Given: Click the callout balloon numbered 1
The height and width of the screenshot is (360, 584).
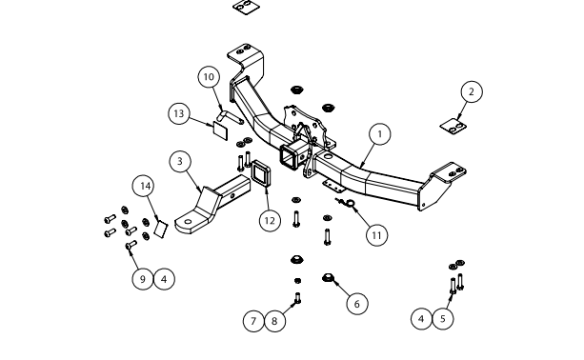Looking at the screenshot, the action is coord(379,134).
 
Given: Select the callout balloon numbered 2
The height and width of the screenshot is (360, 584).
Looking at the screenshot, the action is coord(472,91).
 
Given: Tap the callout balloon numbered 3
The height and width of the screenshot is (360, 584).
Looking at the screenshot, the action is coord(180,162).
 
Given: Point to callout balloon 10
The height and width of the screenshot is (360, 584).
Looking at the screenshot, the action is coord(209,77).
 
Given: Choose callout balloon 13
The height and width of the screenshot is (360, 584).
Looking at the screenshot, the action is coord(179,113).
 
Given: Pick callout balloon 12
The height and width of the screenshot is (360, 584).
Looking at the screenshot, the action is coord(270,221).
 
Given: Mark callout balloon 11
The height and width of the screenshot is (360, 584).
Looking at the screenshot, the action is coord(376,235).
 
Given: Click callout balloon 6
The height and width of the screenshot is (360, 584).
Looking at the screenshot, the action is coord(357,304).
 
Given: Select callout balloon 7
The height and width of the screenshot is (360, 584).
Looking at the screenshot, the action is coord(253,321).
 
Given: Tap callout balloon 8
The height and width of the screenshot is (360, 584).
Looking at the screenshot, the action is coord(274,321).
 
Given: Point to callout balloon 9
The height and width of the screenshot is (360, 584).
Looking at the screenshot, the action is coord(143,279).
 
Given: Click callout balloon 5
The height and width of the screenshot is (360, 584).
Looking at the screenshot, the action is coord(442,319).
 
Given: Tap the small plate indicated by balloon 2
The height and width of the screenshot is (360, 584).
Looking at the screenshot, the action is coord(453,127).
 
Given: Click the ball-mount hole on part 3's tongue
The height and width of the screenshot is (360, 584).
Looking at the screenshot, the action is coord(188,222).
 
